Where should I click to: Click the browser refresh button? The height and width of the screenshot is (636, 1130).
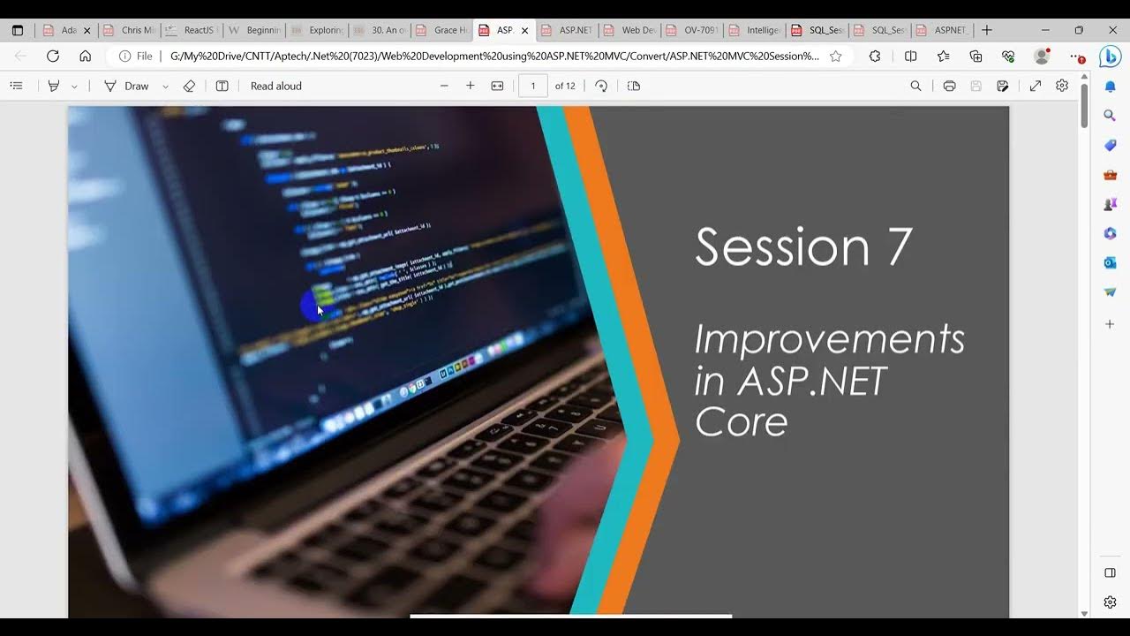53,56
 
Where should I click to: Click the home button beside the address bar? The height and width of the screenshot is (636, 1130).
85,56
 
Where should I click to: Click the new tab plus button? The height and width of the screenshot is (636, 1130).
987,30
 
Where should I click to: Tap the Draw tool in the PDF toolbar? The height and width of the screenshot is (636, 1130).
127,86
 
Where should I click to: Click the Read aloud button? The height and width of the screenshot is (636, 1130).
275,86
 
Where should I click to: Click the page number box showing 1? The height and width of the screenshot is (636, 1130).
532,86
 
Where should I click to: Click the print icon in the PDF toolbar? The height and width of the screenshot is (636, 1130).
949,86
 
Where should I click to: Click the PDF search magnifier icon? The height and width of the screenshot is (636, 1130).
915,86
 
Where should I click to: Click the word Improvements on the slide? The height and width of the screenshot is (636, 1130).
829,339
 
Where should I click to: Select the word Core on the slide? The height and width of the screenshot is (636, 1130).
741,421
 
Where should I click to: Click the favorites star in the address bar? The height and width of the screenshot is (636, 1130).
835,56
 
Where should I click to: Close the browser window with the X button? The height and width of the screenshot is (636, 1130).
1112,30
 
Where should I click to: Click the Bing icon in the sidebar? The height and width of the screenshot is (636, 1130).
1110,57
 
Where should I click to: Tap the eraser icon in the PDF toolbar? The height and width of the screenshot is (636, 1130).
189,86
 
